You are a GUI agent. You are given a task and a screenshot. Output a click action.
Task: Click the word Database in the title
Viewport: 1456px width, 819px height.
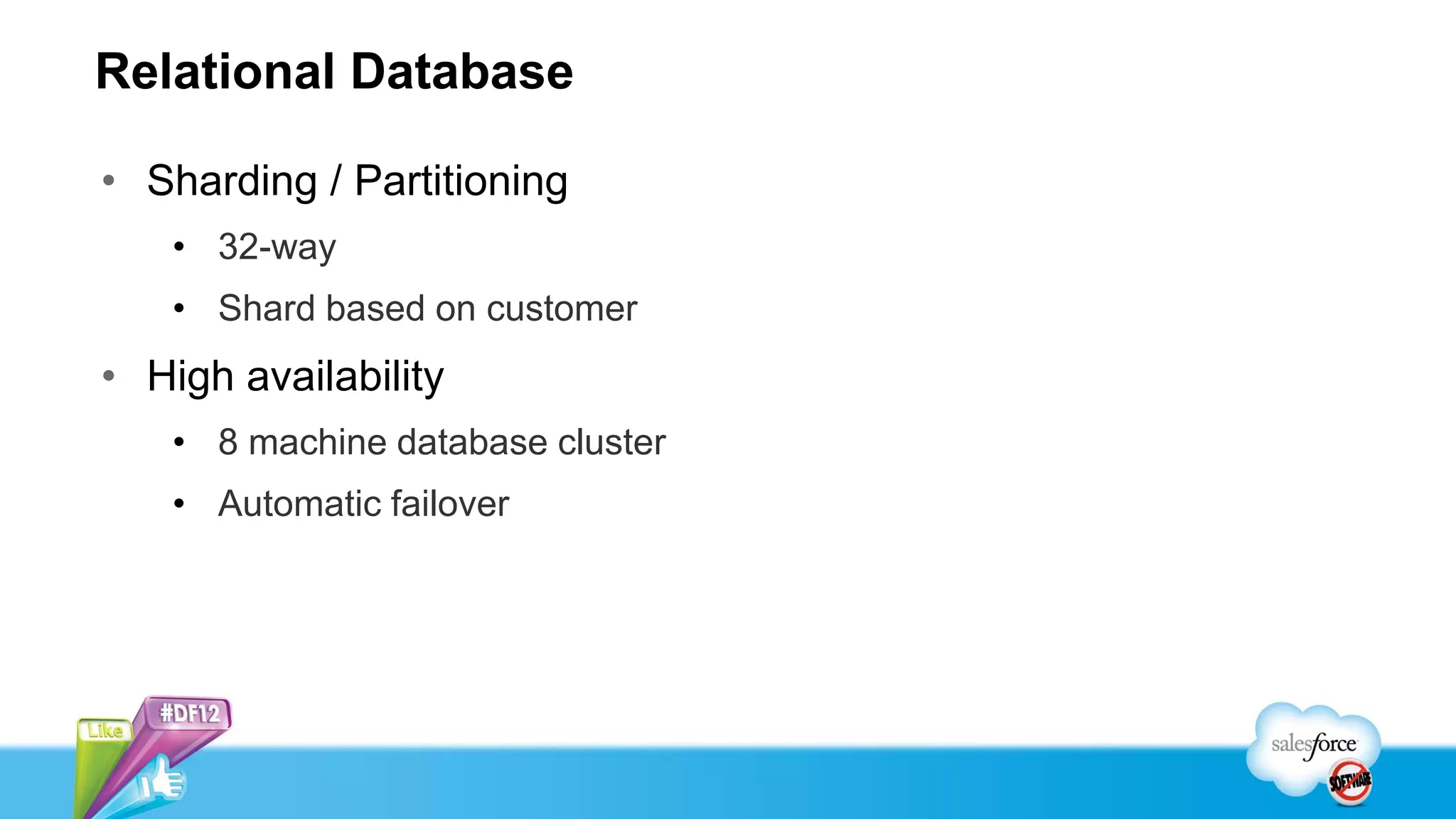point(461,72)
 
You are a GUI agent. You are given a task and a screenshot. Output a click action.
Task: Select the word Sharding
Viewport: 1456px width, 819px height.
point(232,181)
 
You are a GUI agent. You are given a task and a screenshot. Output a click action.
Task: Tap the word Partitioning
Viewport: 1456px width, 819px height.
point(461,181)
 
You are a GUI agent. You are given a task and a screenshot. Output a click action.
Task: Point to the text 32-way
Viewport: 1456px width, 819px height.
point(277,247)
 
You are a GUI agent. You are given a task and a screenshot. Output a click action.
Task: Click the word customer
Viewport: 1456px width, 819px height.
point(562,309)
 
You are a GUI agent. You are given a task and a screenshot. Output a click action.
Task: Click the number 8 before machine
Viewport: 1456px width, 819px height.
point(228,442)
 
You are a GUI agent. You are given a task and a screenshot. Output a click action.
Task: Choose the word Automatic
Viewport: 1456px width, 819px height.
point(298,504)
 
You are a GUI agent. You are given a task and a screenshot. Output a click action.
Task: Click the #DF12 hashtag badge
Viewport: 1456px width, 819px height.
point(190,712)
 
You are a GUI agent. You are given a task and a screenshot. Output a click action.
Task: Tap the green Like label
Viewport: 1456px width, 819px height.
point(105,730)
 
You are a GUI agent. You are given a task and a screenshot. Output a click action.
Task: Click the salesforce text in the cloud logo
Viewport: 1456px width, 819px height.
point(1313,744)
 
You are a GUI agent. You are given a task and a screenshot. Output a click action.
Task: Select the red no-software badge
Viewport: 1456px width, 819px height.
point(1350,782)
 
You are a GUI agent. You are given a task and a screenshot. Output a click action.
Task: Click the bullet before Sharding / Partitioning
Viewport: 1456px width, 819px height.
point(109,181)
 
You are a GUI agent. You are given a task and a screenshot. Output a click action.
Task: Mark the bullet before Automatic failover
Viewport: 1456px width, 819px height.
point(179,504)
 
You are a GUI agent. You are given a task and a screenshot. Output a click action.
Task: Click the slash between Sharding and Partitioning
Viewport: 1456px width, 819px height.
point(335,181)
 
